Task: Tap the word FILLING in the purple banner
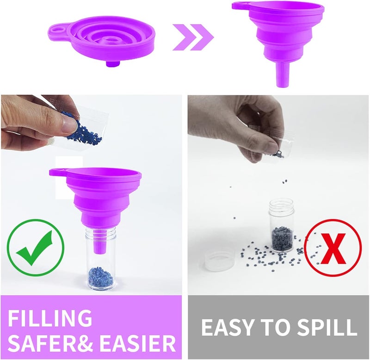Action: click(50, 318)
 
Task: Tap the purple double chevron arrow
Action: click(193, 37)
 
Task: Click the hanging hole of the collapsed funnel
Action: click(57, 30)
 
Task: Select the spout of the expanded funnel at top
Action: click(282, 74)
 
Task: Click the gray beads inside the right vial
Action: click(282, 239)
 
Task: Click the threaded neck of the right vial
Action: click(281, 205)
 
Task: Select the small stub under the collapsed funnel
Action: click(112, 64)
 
